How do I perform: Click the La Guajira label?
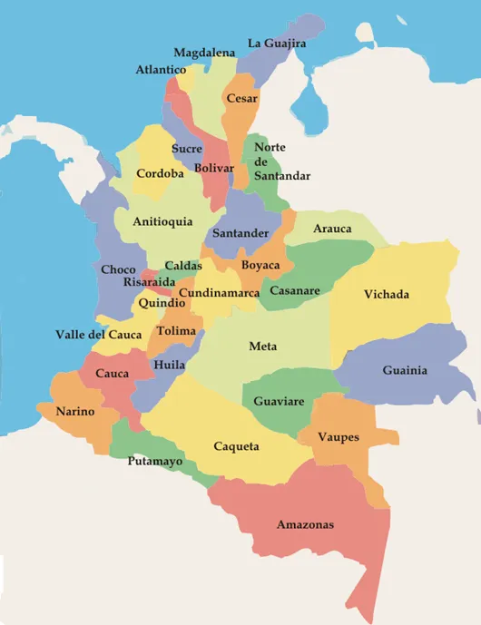[x=277, y=43]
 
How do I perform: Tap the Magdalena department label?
[x=204, y=53]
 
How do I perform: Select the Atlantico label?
[x=162, y=70]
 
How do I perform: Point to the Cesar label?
[x=242, y=98]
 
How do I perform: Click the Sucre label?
[x=187, y=148]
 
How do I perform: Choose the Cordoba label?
[x=162, y=173]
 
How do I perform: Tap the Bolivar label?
[x=214, y=169]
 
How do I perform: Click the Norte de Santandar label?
[x=281, y=161]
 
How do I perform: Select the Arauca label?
[x=332, y=229]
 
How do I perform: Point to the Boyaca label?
[x=260, y=265]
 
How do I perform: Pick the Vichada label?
[x=387, y=294]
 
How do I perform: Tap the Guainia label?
[x=405, y=370]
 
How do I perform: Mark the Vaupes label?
[x=339, y=437]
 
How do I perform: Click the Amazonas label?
[x=305, y=524]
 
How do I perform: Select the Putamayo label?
[x=155, y=461]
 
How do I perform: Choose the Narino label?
[x=75, y=411]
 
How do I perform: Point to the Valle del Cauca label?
[x=99, y=335]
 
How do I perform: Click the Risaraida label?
[x=151, y=282]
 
